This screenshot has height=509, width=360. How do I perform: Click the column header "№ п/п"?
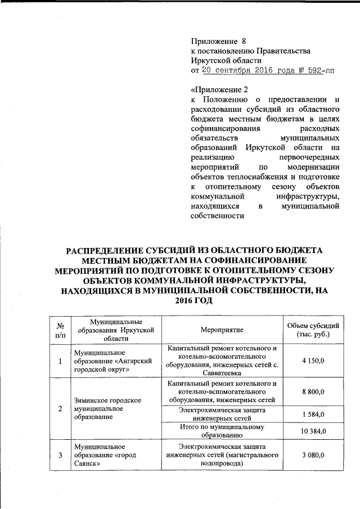click(60, 330)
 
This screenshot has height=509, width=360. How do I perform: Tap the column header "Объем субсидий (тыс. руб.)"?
click(313, 330)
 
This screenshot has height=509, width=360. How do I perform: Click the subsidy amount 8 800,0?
click(313, 392)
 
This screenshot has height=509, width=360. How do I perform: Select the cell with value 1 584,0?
click(313, 414)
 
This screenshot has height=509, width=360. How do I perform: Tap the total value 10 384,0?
click(313, 431)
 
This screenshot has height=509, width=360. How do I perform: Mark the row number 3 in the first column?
click(60, 456)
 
